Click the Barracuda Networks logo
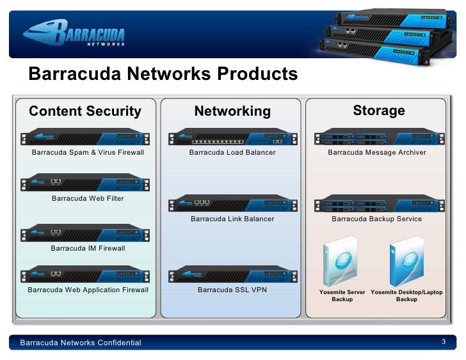[x=73, y=34]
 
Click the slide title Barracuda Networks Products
[x=163, y=74]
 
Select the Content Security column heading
[x=85, y=112]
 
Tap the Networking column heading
[x=232, y=112]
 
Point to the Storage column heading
[x=379, y=111]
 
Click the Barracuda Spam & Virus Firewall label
[x=88, y=153]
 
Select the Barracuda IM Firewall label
[x=88, y=248]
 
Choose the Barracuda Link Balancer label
[x=232, y=219]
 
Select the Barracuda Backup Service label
[x=376, y=219]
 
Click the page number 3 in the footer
[x=444, y=343]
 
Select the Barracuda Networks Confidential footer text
[x=81, y=343]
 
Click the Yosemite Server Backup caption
[x=342, y=295]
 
